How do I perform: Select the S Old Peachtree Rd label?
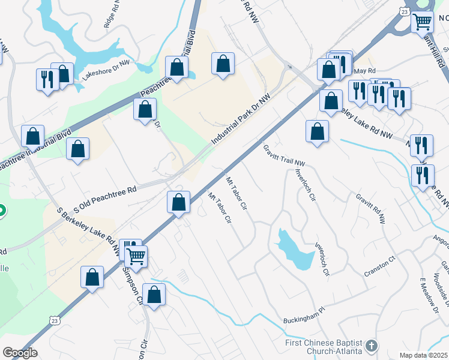[105, 199]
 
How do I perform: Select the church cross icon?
[372, 346]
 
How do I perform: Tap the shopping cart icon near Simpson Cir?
[136, 256]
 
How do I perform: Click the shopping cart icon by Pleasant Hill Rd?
[422, 22]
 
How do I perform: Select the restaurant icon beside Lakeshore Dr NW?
[47, 79]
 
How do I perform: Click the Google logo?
[20, 353]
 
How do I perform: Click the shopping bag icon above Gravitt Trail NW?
[317, 131]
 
